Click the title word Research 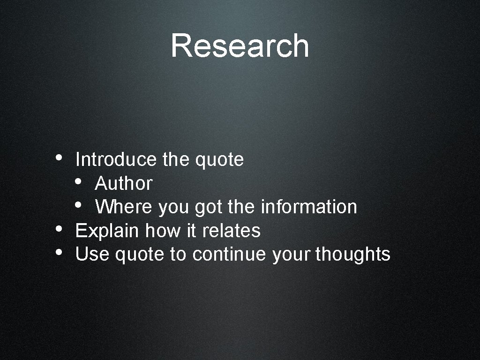point(240,46)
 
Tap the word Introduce point(115,160)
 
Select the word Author point(124,184)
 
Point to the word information point(309,207)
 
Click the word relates point(231,231)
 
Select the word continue point(230,255)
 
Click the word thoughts point(353,255)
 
